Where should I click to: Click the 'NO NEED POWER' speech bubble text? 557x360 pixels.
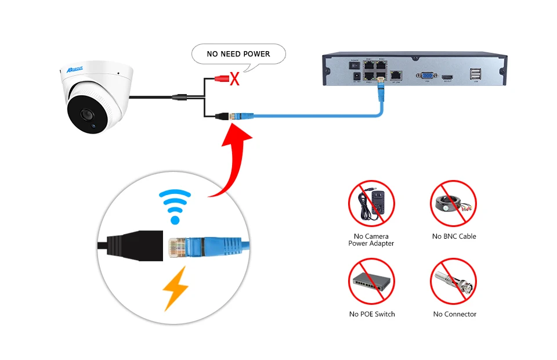point(238,54)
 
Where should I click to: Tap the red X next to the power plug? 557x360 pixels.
point(234,79)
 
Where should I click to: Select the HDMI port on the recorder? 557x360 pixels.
point(447,76)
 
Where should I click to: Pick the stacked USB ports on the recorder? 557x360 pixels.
point(475,74)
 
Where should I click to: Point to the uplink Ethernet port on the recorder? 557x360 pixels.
point(396,75)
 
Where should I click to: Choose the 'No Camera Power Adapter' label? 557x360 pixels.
point(371,240)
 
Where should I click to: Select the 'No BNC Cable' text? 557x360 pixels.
point(454,236)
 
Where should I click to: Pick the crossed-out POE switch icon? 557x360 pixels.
point(371,281)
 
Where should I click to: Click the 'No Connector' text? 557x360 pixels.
point(454,314)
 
